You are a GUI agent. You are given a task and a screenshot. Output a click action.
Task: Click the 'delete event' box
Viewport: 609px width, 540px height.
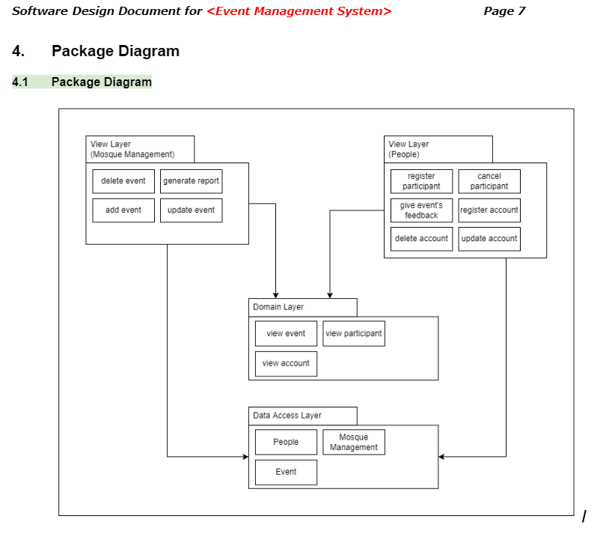click(x=123, y=181)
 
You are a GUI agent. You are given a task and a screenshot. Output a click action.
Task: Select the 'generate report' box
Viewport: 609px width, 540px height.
click(x=191, y=181)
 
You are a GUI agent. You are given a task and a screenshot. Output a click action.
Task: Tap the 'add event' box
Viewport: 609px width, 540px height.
click(x=123, y=210)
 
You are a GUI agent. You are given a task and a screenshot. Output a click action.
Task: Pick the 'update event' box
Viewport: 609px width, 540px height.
click(x=191, y=210)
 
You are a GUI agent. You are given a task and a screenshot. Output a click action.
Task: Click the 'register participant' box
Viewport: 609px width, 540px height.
click(x=421, y=181)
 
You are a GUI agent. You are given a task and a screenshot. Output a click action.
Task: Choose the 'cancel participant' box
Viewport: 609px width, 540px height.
click(x=489, y=181)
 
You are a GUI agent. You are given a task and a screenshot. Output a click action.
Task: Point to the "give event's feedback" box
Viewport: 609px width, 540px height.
click(x=421, y=210)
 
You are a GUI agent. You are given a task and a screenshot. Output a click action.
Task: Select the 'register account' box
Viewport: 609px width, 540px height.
click(x=489, y=210)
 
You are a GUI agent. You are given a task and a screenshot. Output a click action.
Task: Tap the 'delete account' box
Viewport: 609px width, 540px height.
click(x=421, y=239)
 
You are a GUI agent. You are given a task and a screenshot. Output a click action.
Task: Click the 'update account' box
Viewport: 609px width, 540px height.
click(x=489, y=239)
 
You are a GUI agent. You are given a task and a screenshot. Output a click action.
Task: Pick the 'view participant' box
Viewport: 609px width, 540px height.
click(x=354, y=334)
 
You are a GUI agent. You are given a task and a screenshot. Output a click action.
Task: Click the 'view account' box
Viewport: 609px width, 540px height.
click(x=286, y=363)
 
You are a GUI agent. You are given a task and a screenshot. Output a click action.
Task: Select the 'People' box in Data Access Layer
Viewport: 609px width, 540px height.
click(x=286, y=442)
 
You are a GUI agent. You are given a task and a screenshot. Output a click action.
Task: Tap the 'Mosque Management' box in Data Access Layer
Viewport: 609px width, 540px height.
click(x=354, y=442)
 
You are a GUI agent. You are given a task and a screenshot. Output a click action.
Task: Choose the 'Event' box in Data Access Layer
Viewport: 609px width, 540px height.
click(x=286, y=472)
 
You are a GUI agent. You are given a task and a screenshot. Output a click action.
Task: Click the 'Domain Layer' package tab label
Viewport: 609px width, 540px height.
click(x=278, y=307)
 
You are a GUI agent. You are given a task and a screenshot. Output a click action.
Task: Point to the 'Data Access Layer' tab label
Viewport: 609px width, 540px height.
click(x=287, y=416)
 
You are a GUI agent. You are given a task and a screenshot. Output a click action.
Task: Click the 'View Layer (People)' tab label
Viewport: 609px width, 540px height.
click(x=408, y=149)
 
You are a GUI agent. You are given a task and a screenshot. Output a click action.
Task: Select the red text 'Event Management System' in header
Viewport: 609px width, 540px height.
click(x=299, y=11)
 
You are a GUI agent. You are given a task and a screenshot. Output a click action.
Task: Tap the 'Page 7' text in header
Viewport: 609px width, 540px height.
click(x=504, y=11)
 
